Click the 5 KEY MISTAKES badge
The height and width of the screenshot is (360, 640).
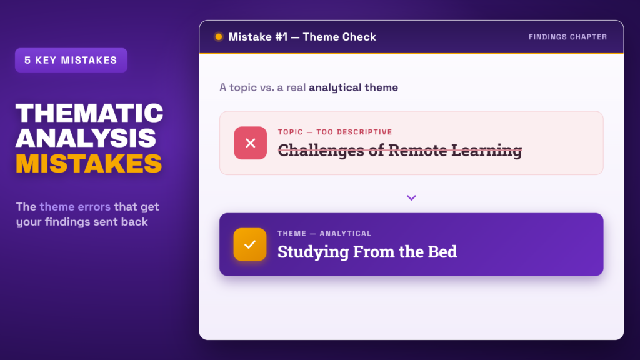point(71,60)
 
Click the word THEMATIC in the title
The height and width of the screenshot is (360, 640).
point(89,113)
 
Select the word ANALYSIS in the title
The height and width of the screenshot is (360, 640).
point(86,138)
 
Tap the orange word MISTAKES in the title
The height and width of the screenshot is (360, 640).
point(89,163)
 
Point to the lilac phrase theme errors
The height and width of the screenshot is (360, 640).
point(75,206)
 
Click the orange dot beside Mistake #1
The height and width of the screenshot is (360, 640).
point(219,37)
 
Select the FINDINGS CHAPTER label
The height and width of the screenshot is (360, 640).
point(567,37)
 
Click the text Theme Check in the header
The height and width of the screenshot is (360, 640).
point(339,37)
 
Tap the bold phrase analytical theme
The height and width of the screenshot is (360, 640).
point(354,87)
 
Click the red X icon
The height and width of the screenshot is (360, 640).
point(250,143)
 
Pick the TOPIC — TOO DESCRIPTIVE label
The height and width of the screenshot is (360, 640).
point(335,132)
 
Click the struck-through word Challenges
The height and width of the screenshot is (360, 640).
point(321,150)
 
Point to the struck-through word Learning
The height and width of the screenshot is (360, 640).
point(486,150)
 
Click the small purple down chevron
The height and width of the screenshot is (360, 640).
point(411,197)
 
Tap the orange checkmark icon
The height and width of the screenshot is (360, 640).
point(250,244)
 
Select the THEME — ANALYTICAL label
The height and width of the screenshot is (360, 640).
point(324,234)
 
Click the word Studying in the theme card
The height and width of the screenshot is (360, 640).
point(313,252)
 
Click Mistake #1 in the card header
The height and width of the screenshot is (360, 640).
point(258,37)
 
